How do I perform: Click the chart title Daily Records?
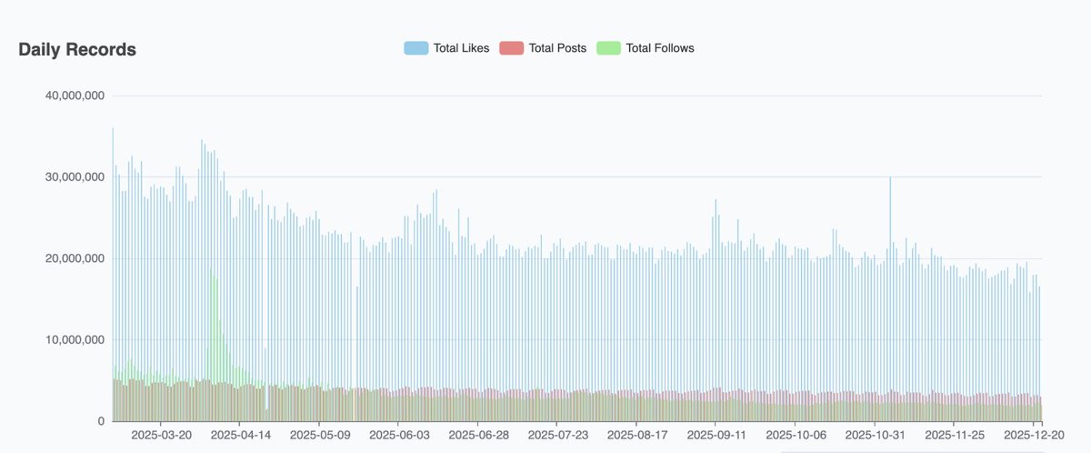[x=77, y=50]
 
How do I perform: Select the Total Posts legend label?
[x=557, y=47]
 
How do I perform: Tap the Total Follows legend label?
[x=660, y=47]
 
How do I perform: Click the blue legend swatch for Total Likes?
[x=416, y=47]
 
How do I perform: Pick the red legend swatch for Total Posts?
[x=512, y=47]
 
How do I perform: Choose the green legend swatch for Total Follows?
[x=608, y=47]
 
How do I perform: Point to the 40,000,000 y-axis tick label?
[x=74, y=96]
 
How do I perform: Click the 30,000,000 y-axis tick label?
[x=74, y=177]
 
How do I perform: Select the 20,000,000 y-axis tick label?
[x=74, y=258]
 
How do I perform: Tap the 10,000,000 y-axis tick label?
[x=74, y=340]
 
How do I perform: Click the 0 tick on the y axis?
[x=102, y=421]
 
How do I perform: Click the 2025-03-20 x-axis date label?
[x=161, y=436]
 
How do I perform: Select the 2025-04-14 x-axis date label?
[x=240, y=436]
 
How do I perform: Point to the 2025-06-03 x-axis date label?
[x=398, y=436]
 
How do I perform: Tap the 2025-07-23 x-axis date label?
[x=556, y=436]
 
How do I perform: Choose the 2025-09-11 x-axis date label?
[x=716, y=436]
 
